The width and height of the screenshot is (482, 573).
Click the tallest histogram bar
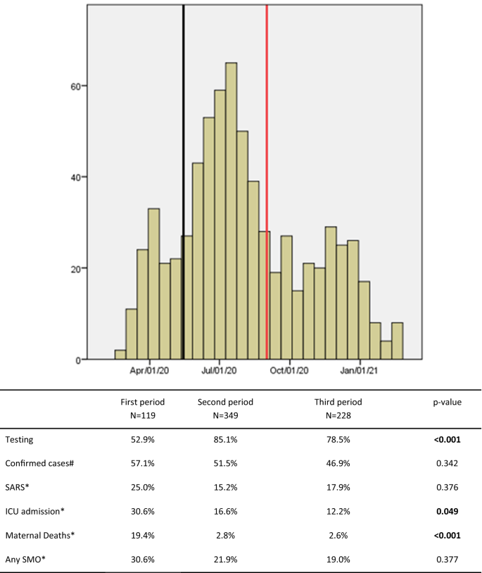[231, 211]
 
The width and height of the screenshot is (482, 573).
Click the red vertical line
[267, 176]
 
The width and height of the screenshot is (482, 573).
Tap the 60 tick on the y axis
[74, 86]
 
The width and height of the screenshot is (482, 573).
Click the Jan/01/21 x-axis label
[360, 371]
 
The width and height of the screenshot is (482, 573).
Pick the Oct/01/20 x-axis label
[290, 371]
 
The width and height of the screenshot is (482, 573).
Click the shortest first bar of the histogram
[120, 355]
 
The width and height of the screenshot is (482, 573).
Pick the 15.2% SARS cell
[225, 479]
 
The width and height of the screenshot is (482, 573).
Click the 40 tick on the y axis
[74, 177]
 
